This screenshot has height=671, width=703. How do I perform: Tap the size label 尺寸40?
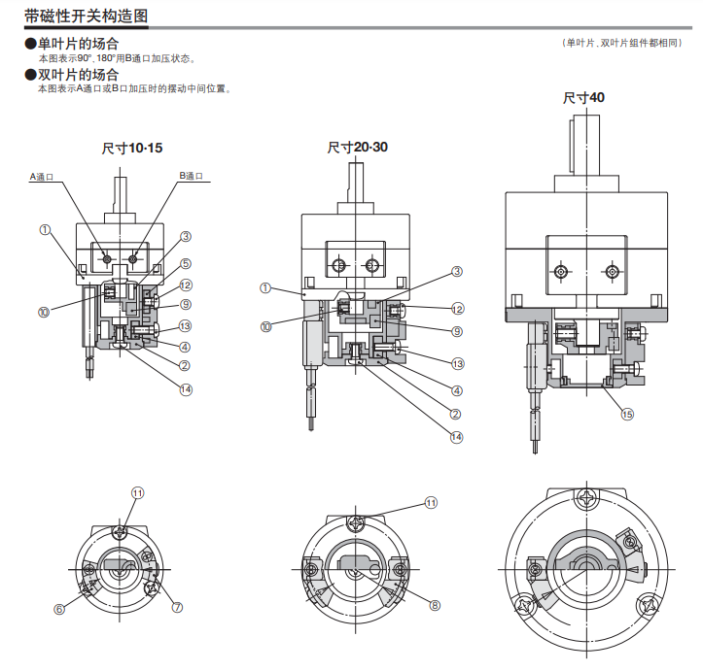[x=583, y=98]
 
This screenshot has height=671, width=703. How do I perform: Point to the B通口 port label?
[x=192, y=177]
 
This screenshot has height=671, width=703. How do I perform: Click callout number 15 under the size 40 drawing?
[x=627, y=414]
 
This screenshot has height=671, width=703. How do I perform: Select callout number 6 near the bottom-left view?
[x=60, y=609]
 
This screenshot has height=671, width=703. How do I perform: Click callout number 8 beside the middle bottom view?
[x=435, y=605]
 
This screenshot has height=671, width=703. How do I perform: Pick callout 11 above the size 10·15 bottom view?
[x=137, y=493]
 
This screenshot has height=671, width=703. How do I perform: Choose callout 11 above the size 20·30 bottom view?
[x=432, y=503]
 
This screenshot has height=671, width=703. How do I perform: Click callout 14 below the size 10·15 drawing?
[x=186, y=389]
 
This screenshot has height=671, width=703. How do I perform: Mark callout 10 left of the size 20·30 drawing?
[x=266, y=327]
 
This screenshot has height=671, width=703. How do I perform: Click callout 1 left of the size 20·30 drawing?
[x=265, y=287]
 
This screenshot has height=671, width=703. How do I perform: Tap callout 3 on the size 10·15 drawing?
[x=185, y=236]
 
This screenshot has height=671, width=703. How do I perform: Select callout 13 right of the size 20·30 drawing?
[x=457, y=363]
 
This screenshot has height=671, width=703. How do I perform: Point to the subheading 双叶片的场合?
[x=77, y=75]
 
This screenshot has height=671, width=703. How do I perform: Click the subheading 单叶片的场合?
[x=77, y=44]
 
